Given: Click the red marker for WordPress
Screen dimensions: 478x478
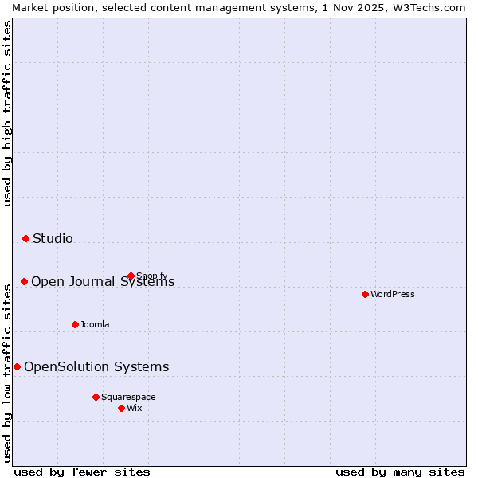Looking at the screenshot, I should [365, 294].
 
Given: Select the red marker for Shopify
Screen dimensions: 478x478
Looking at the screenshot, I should [131, 276].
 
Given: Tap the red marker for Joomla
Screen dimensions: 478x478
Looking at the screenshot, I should [75, 324].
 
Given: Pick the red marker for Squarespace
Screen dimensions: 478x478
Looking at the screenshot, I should [96, 397].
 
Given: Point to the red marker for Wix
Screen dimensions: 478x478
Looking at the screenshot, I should [121, 408].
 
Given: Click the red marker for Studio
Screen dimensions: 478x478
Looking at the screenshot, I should [25, 238].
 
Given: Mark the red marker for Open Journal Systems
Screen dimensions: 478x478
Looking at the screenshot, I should [24, 281].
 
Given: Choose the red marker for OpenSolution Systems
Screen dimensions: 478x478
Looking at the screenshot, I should [17, 366].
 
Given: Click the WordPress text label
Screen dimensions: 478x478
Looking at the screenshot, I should [393, 294].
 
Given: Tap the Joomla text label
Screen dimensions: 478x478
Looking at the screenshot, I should [95, 324].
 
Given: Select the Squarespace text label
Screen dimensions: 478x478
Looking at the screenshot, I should [128, 397].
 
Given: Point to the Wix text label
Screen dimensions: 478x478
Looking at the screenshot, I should [135, 408].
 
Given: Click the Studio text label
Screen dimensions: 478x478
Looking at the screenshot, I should [53, 238].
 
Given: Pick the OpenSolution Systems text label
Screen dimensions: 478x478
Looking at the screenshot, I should [96, 366].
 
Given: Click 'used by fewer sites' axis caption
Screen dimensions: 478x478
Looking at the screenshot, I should [82, 472].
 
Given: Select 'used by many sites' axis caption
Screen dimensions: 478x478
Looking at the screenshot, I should [400, 472].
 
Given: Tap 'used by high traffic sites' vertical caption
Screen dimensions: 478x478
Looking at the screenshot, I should [8, 113].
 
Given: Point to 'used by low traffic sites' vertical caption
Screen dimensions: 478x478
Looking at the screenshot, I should [8, 370].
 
